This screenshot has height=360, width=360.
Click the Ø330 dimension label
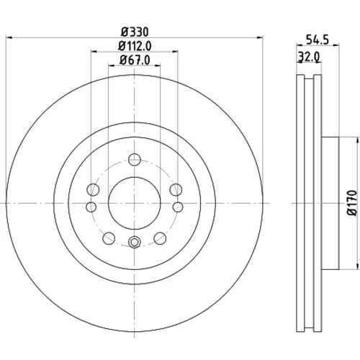coord(135,32)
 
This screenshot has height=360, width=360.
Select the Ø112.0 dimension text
coord(135,46)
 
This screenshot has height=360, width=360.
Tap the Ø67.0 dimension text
coord(135,60)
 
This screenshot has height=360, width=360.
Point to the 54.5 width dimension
coord(318,40)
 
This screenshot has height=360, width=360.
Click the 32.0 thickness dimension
coord(309,57)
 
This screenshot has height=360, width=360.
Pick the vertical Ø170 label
coord(352,203)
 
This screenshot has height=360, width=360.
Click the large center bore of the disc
coord(135,203)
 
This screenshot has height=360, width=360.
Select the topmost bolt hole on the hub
coord(135,159)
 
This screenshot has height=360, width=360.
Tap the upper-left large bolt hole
coord(93,189)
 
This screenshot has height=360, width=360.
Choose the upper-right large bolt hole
coord(176,189)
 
